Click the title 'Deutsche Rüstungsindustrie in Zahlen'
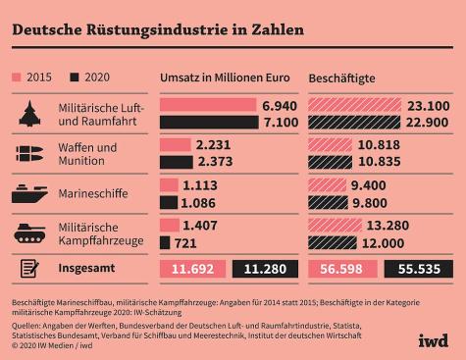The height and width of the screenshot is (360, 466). coord(157,28)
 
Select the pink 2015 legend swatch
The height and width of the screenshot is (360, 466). coord(19,77)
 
